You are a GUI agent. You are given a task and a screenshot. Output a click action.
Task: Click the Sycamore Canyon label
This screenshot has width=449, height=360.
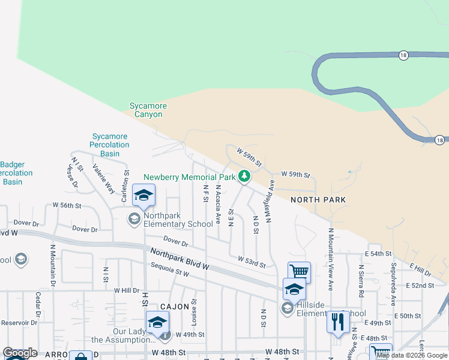(x=148, y=110)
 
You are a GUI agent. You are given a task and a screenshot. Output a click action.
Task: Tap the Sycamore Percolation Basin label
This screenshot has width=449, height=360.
(x=110, y=145)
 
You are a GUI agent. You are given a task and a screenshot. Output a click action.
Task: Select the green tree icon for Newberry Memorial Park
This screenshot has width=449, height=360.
(x=244, y=176)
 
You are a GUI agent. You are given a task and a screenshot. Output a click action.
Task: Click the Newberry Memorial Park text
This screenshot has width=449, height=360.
(x=190, y=178)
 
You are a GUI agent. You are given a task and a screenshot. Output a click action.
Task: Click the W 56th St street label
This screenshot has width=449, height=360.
(x=67, y=205)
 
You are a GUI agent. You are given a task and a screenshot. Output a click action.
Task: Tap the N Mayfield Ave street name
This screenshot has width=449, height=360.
(x=271, y=200)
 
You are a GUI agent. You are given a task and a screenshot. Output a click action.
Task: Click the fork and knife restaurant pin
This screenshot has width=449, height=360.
(x=338, y=321)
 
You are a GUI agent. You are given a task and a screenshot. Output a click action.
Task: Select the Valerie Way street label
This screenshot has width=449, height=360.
(x=103, y=178)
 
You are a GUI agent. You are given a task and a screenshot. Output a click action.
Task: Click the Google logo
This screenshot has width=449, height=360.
(x=20, y=353)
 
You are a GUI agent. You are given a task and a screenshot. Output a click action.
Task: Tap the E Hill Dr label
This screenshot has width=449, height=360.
(x=420, y=270)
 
